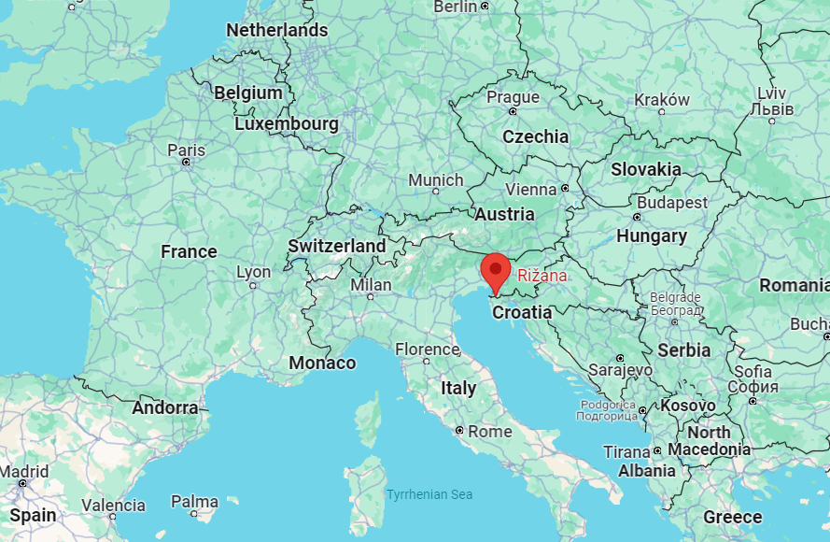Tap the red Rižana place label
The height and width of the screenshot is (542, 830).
pos(542,276)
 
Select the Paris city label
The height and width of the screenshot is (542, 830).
pos(186,150)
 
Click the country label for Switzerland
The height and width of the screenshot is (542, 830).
pos(336,246)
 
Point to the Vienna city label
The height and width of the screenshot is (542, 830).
pos(532,189)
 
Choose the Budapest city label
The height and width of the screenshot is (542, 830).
pos(672,202)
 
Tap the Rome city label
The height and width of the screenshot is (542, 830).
pos(489,431)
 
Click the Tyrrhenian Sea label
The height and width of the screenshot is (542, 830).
pos(429,494)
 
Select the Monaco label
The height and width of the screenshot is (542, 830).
pos(322,363)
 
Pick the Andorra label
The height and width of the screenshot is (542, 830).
pos(165,407)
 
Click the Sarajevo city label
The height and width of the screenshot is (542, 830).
pos(620,370)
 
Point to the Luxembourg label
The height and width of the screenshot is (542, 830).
pos(287,123)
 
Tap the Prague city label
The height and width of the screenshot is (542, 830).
pos(513,97)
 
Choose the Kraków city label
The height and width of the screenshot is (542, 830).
pos(662,100)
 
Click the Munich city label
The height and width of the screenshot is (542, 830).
pos(436,179)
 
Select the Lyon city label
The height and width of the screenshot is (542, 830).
pos(253,272)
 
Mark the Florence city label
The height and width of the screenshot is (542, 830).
pos(427,349)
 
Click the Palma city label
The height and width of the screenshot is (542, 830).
pos(194,502)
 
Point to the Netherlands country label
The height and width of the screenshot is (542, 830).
pos(277,30)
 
